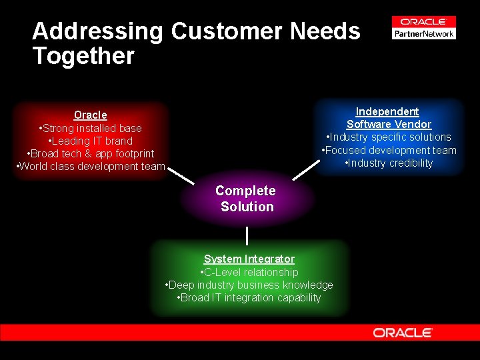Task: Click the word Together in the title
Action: (83, 56)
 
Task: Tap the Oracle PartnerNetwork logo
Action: (424, 28)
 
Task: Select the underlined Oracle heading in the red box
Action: (91, 115)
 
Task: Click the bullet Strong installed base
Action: (91, 128)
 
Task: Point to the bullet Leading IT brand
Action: (91, 141)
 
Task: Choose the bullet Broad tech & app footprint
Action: (91, 153)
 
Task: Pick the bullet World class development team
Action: (91, 166)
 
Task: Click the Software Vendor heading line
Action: (389, 124)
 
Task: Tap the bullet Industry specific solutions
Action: (389, 137)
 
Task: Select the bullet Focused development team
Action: (389, 150)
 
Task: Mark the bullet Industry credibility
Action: (389, 163)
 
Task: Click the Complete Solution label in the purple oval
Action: (246, 199)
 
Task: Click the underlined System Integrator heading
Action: (249, 259)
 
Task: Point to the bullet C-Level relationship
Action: (249, 272)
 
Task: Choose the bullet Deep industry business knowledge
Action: (249, 285)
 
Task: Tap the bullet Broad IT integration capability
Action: (249, 297)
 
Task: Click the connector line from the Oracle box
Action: (181, 175)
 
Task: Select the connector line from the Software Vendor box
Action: (304, 169)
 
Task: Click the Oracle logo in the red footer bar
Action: (403, 332)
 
